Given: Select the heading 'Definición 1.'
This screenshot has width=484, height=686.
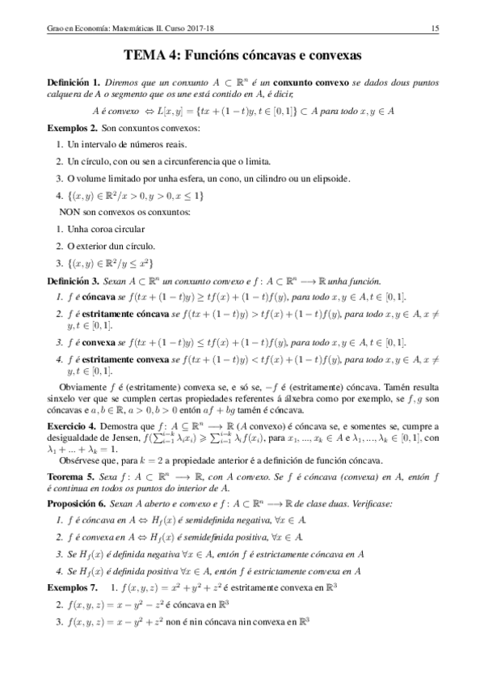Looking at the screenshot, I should (x=73, y=83).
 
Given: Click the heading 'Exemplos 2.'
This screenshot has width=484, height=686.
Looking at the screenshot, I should (x=72, y=129).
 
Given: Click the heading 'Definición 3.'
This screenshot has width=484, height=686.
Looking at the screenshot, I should (x=73, y=281).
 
